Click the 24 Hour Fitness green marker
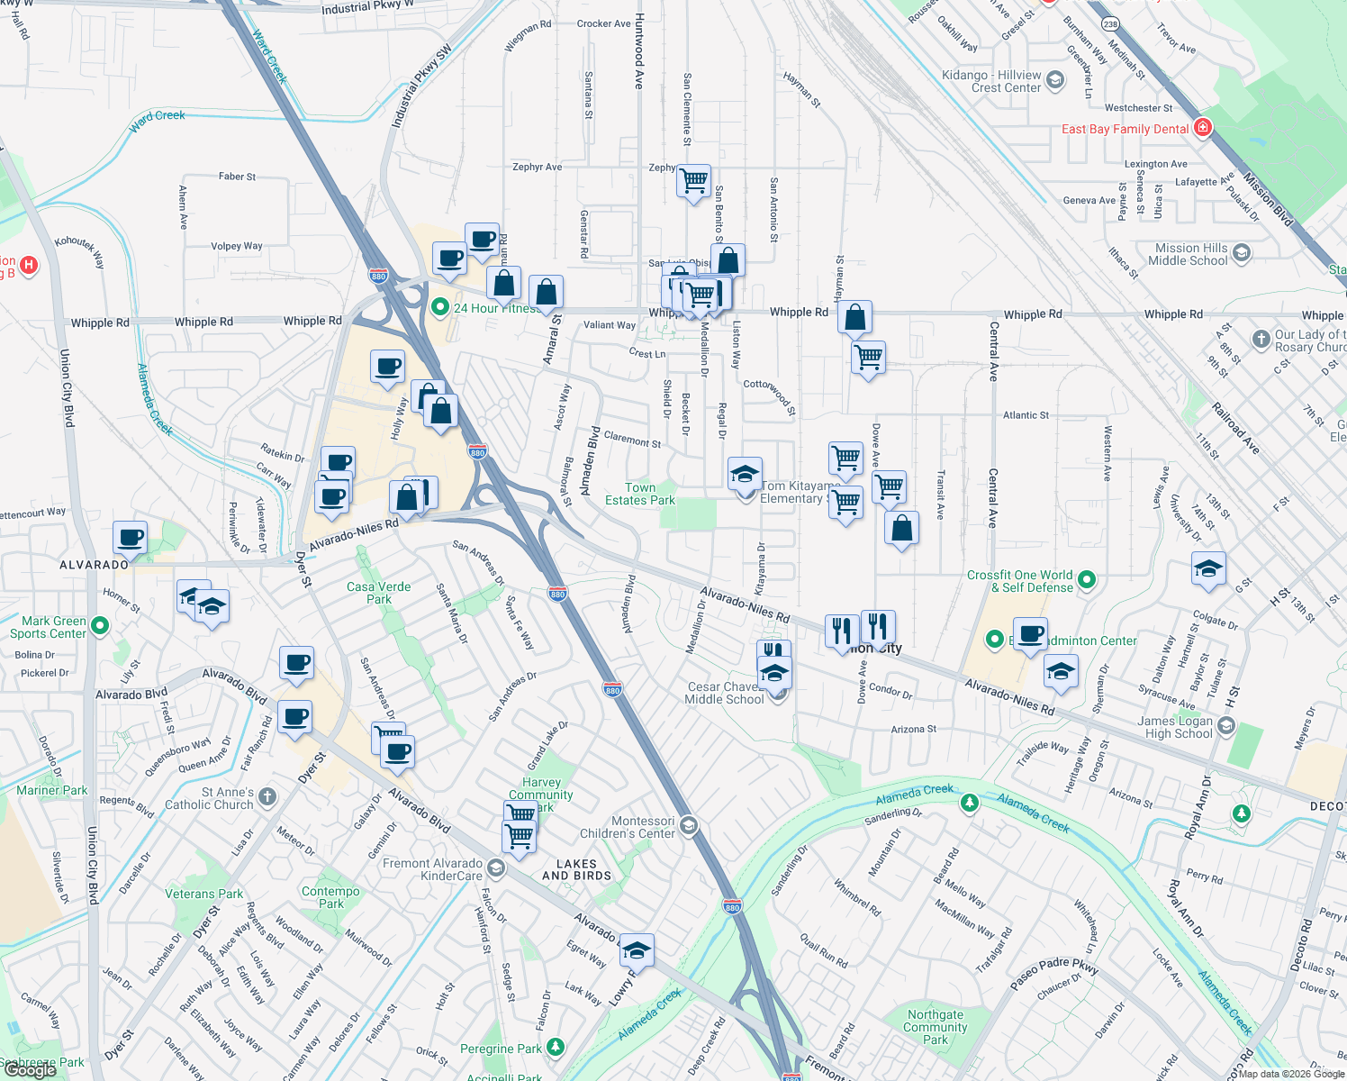point(440,308)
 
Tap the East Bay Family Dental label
point(1125,129)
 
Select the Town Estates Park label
point(639,494)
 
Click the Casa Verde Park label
point(378,593)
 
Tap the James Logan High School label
point(1174,727)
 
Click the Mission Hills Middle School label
point(1190,254)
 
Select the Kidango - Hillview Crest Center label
point(990,81)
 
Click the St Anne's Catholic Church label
point(210,798)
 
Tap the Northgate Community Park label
point(935,1027)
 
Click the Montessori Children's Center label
point(642,827)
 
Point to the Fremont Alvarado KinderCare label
point(432,869)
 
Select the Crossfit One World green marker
point(1087,580)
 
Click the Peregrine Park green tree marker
point(556,1048)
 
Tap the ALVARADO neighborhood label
point(94,565)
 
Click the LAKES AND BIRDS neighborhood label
point(576,869)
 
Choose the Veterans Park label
point(203,894)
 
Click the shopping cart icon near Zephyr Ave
point(694,180)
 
